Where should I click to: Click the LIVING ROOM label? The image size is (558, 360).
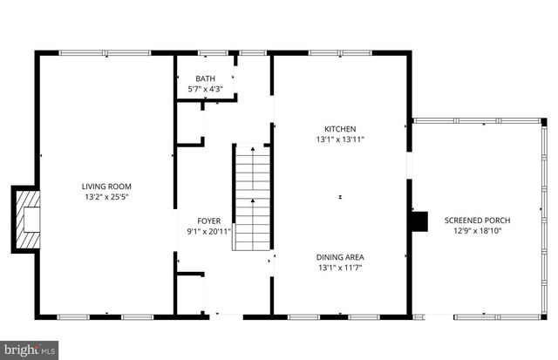tap(107, 186)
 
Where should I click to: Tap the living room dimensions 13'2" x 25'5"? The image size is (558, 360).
tap(107, 197)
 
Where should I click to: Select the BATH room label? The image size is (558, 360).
tap(205, 78)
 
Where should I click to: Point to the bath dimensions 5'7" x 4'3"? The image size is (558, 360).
tap(205, 89)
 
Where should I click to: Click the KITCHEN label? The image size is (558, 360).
tap(340, 128)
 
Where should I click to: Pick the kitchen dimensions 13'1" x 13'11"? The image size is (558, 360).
tap(340, 139)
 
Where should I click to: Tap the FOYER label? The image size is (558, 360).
tap(208, 221)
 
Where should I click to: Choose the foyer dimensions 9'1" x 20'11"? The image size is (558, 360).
tap(208, 232)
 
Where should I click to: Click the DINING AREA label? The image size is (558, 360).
tap(340, 256)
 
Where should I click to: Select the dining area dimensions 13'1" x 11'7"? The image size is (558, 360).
tap(340, 268)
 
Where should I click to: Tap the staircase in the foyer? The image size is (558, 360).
tap(252, 199)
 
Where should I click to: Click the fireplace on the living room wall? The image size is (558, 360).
tap(30, 218)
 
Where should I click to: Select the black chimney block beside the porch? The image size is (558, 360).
tap(420, 221)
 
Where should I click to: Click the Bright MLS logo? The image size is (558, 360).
tap(28, 350)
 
